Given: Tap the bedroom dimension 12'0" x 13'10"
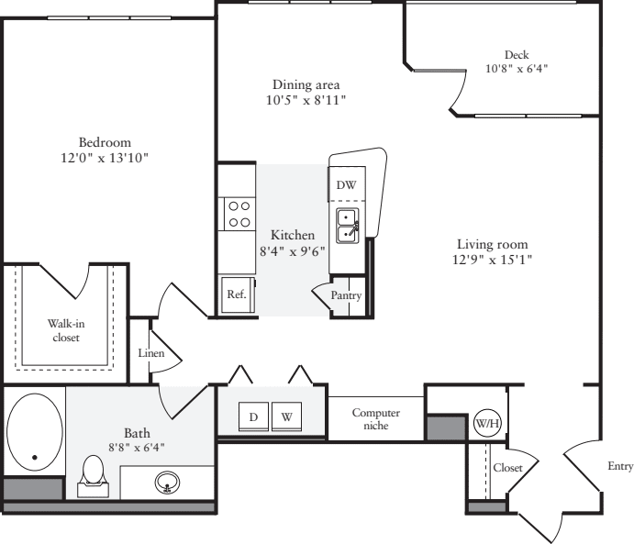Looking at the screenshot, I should point(104,158).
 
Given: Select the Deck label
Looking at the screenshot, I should point(517,54).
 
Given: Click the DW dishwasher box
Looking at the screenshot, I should point(346,185).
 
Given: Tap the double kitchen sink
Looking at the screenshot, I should point(348,225).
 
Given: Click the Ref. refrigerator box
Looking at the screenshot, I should point(236,295).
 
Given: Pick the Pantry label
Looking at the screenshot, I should point(347,295).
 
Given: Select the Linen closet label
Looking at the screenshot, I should point(150,352).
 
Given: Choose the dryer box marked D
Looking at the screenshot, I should point(253,416).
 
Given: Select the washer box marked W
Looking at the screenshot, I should point(287,416).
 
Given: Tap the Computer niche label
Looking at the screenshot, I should point(376,419).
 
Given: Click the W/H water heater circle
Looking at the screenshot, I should point(485,423).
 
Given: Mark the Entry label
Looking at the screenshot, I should point(619,466).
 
